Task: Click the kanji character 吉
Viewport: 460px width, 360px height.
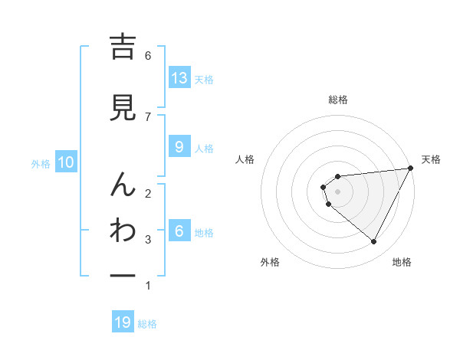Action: pyautogui.click(x=123, y=48)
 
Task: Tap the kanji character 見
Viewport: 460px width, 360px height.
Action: pyautogui.click(x=123, y=108)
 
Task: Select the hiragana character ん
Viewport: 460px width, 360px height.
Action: pyautogui.click(x=123, y=185)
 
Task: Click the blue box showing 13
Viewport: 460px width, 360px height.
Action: pyautogui.click(x=179, y=78)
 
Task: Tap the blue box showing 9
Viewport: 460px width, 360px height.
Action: pyautogui.click(x=179, y=147)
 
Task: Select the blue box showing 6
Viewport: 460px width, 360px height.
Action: pyautogui.click(x=179, y=231)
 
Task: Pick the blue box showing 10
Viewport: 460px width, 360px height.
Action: pyautogui.click(x=66, y=162)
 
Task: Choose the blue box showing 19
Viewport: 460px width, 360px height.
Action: pyautogui.click(x=123, y=322)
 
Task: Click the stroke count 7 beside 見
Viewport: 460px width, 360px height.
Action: pyautogui.click(x=148, y=116)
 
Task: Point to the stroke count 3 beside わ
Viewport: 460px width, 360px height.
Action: pyautogui.click(x=148, y=240)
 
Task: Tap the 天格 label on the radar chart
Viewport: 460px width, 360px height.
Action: pyautogui.click(x=431, y=159)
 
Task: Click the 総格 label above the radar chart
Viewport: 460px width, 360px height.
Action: pyautogui.click(x=338, y=100)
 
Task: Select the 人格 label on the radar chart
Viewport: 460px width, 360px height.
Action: pyautogui.click(x=245, y=159)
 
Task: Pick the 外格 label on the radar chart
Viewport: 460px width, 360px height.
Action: pyautogui.click(x=270, y=262)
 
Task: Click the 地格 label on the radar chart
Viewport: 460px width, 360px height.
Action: pyautogui.click(x=402, y=262)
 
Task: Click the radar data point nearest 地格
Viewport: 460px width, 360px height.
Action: pyautogui.click(x=373, y=242)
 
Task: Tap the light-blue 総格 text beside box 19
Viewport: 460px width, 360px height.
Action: pyautogui.click(x=147, y=323)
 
